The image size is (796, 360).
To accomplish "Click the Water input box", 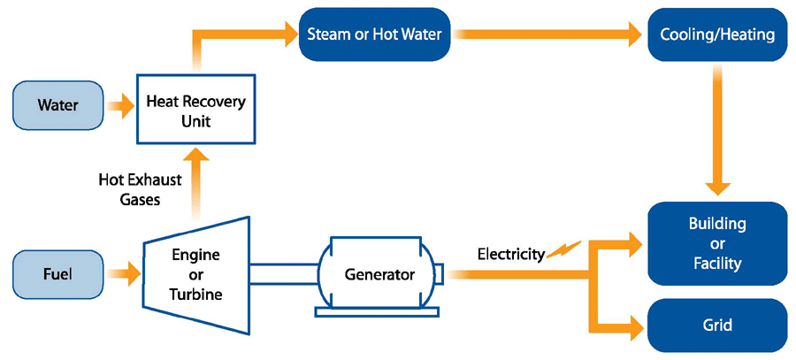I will point(57,106).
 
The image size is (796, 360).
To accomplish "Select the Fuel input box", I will point(57,274).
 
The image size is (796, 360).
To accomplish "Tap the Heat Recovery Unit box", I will point(195,110).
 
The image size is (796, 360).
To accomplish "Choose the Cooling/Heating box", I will point(717,35).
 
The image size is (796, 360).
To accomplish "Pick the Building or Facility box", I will point(717,243).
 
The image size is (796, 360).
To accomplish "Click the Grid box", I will point(717,326).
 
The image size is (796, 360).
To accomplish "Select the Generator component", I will point(379,274).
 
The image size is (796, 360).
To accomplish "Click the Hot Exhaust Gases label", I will point(141,189).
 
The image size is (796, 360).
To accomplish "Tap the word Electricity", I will point(510,255).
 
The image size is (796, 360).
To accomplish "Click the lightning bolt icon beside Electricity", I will point(563,251).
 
